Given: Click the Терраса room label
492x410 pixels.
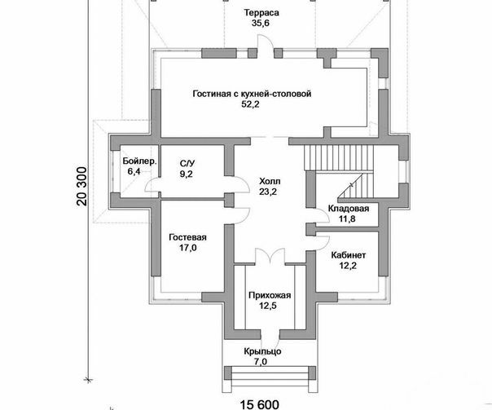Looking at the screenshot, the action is click(x=261, y=13).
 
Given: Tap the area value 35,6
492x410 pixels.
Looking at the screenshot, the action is click(x=261, y=24).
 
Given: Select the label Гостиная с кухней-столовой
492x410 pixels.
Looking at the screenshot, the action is click(x=252, y=94).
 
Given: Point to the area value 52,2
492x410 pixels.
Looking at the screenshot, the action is click(x=250, y=104).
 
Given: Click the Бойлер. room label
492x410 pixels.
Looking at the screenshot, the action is click(x=139, y=161).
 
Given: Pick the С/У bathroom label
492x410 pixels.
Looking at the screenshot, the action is click(x=187, y=163).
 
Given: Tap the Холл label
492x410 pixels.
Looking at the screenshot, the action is click(x=270, y=181).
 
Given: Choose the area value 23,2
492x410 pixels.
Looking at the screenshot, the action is click(x=268, y=192).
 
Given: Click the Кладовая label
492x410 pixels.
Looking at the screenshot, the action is click(x=349, y=209).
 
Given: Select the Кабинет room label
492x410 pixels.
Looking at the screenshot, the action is click(x=349, y=255).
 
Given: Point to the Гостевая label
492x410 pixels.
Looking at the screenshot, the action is click(x=187, y=237).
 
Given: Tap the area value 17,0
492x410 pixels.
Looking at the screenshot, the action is click(x=188, y=248).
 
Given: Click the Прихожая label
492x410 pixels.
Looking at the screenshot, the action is click(x=270, y=295).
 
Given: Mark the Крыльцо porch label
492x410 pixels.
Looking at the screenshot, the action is click(x=262, y=351).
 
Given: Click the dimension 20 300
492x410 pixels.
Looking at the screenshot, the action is click(x=81, y=186).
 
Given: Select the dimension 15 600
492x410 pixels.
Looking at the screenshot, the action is click(x=260, y=404).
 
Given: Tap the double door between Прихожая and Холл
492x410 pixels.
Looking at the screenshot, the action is click(x=270, y=256).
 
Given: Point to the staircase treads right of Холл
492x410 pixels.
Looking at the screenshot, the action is click(x=339, y=158).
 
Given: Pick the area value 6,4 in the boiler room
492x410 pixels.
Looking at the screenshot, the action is click(x=134, y=172).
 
